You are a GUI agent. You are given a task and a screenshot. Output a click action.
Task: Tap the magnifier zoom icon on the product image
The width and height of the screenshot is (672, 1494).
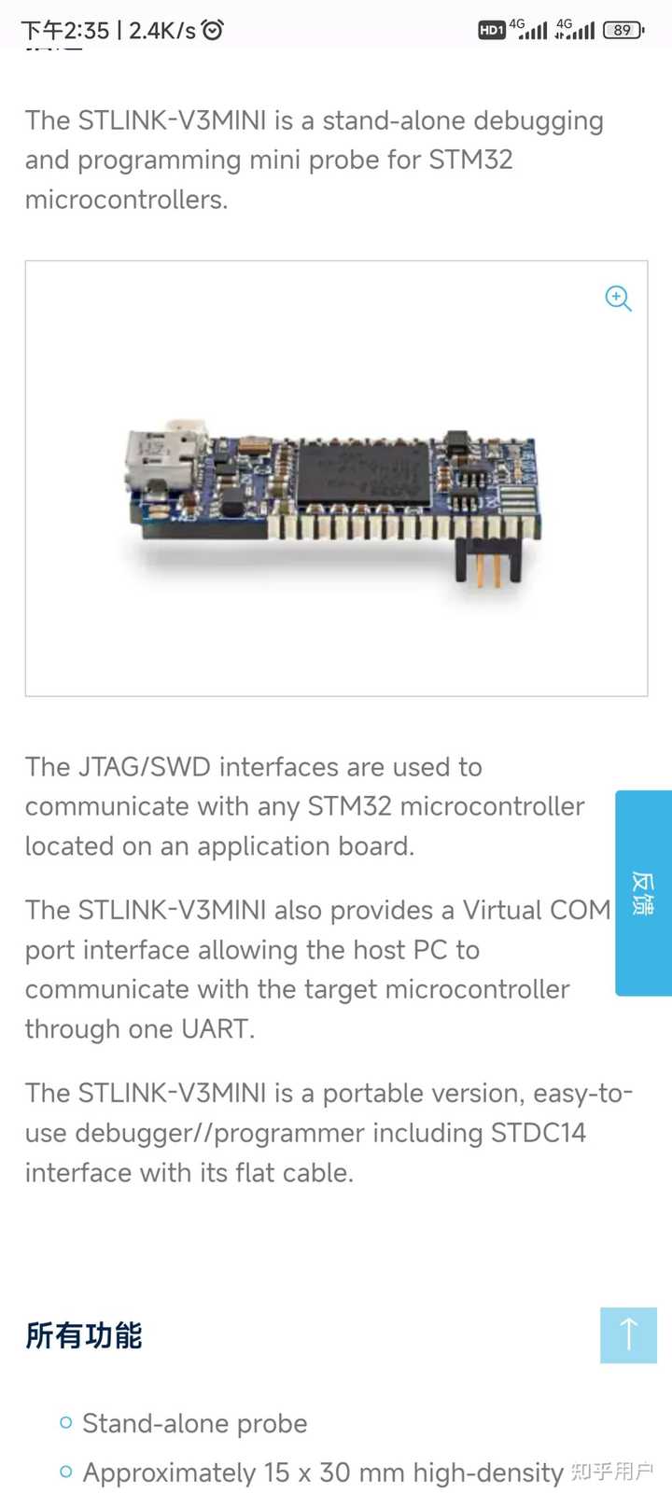click(x=618, y=299)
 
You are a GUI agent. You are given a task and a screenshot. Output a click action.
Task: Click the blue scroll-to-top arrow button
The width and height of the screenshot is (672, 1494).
click(x=628, y=1334)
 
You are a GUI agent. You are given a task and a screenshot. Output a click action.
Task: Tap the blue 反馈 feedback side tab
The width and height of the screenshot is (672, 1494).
click(x=643, y=893)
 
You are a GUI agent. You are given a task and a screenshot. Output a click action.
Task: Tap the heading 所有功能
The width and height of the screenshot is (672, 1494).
click(x=84, y=1335)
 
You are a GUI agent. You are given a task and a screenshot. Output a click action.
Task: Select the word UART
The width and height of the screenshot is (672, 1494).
click(x=215, y=1028)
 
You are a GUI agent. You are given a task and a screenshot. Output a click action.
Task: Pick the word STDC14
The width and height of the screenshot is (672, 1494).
click(x=539, y=1133)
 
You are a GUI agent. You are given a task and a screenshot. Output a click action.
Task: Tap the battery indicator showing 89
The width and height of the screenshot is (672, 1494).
click(x=623, y=30)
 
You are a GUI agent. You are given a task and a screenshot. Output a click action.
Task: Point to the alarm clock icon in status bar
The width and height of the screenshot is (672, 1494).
click(x=213, y=30)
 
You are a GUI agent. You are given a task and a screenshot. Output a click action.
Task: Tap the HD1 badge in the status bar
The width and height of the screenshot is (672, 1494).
click(x=491, y=30)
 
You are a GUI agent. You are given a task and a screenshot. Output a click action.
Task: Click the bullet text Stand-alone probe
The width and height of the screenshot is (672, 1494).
click(x=194, y=1423)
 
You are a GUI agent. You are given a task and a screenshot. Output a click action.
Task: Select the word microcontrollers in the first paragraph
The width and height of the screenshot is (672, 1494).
click(x=125, y=200)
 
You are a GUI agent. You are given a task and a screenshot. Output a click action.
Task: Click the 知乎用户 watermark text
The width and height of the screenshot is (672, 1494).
click(x=611, y=1472)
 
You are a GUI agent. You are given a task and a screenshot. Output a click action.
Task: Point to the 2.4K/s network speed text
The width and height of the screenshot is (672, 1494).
click(x=162, y=31)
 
